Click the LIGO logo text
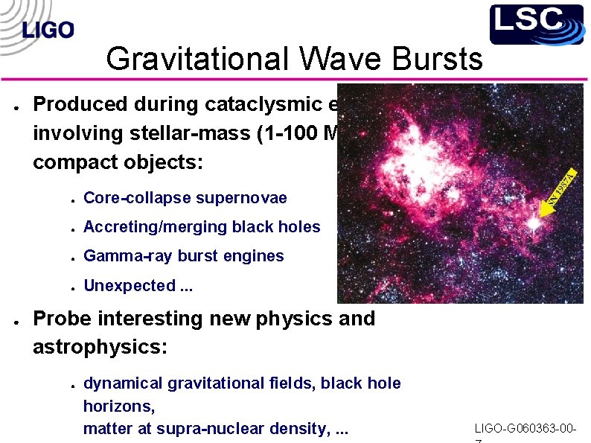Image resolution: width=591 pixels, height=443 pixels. tap(48, 30)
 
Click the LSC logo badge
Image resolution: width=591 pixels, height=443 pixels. tap(536, 24)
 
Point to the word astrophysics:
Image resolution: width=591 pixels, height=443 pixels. tap(100, 348)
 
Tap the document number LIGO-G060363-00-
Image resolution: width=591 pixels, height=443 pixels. tap(525, 429)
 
